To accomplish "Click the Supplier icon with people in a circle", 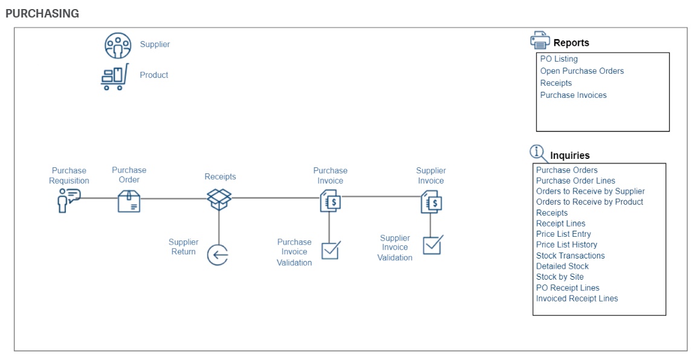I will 118,45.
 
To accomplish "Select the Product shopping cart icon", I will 115,77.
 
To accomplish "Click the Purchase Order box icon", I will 129,201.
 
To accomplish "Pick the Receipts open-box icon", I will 219,198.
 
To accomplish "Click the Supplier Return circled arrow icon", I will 218,255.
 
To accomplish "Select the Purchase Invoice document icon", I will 330,201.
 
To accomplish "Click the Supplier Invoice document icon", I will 431,202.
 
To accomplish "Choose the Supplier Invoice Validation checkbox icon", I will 432,245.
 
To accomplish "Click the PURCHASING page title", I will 42,13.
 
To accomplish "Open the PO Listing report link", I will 558,59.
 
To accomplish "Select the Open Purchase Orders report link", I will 581,71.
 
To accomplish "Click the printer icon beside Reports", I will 540,40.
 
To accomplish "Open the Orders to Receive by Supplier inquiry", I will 590,191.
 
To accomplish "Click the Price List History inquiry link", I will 566,245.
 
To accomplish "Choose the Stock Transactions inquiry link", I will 570,256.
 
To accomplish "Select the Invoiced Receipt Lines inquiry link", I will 577,298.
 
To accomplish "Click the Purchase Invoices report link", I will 573,95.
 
